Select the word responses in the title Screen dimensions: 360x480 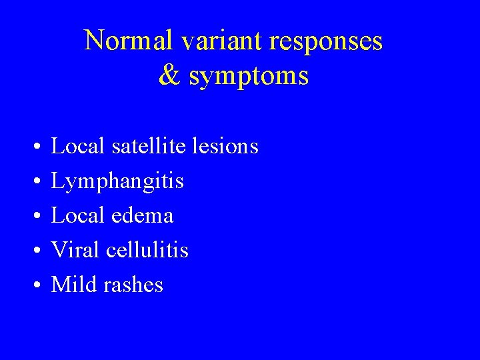coord(326,41)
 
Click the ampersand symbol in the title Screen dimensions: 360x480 coord(170,76)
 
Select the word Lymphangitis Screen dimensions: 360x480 coord(117,181)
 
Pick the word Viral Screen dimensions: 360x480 coord(75,250)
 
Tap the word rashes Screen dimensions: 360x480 coord(133,285)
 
